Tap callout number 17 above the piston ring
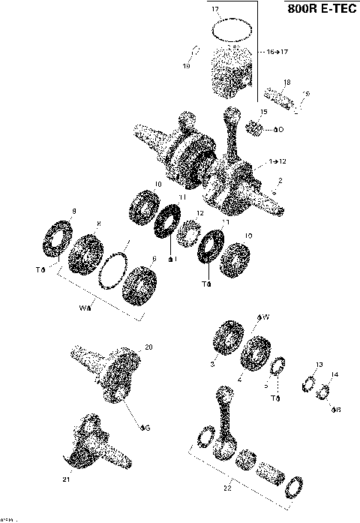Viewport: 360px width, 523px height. coord(214,10)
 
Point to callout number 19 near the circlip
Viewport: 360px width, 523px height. coord(186,66)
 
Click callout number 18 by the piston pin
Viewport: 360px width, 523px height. coord(286,82)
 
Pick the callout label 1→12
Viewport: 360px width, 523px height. coord(276,162)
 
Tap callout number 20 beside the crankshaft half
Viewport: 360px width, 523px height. coord(148,347)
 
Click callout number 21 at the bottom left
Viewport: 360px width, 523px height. coord(65,479)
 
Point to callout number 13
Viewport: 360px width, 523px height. coord(319,365)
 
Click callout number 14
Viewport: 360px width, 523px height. coord(334,374)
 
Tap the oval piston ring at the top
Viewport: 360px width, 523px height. coord(232,30)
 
